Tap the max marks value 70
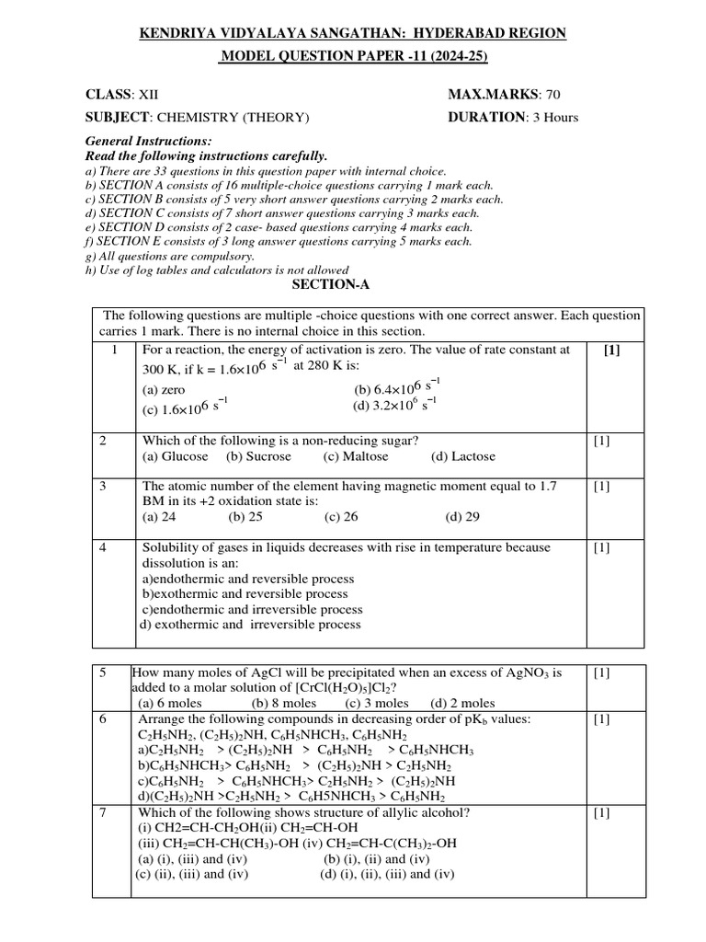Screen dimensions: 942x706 (552, 95)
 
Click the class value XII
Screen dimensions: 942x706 (148, 95)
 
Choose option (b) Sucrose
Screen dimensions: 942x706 (258, 456)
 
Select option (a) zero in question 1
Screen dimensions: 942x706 (165, 390)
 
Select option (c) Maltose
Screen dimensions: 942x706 (356, 456)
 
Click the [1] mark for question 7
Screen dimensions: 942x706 (602, 812)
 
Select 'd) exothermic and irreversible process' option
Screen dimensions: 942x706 (250, 625)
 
